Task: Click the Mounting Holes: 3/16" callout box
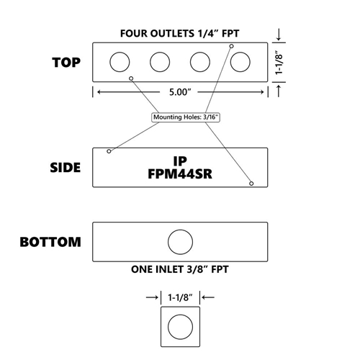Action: coord(186,117)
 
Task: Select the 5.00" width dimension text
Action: coord(180,92)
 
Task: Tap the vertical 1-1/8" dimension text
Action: coord(279,63)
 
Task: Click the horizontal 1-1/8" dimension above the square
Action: coord(180,297)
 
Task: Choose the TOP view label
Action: coord(66,63)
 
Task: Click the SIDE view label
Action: coord(66,168)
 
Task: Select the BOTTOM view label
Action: coord(50,242)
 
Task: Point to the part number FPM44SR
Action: coord(180,174)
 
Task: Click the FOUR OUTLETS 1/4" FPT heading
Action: coord(180,33)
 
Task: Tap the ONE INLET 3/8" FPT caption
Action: coord(180,269)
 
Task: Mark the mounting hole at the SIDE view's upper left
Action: coord(109,151)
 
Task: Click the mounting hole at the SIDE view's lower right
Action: coord(251,184)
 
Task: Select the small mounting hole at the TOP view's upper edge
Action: coord(232,46)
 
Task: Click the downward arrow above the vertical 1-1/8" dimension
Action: coord(279,35)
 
